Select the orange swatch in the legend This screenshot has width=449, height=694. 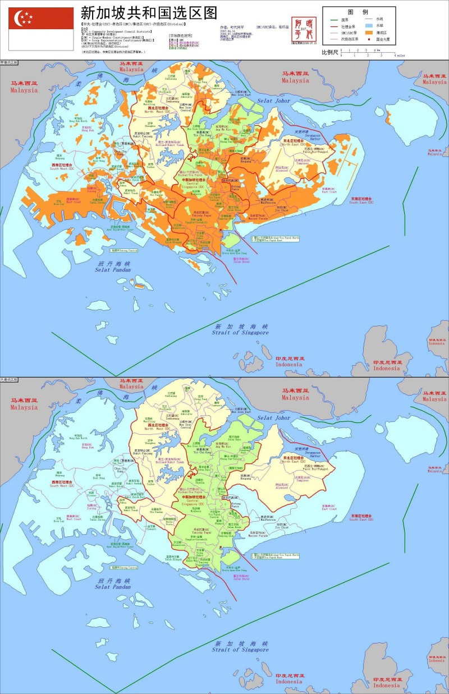369,33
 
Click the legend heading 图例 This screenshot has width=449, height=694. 358,11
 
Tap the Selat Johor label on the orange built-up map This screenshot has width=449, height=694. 273,100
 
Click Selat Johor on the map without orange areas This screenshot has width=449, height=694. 273,418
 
